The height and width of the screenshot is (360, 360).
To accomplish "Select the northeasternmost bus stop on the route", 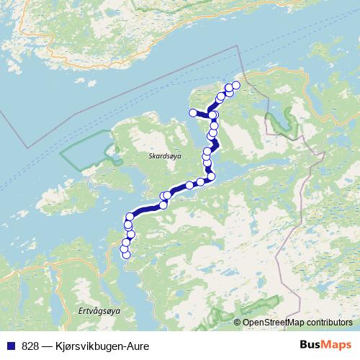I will coord(235,86).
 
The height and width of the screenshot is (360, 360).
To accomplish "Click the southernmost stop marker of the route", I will coord(127,254).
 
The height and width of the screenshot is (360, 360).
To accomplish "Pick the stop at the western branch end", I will coord(192,112).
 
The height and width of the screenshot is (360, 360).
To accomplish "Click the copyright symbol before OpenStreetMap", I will coord(238,323).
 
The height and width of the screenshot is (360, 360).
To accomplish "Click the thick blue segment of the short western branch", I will coord(202,114).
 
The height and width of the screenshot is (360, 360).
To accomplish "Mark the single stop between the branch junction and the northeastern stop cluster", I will coord(220,96).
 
